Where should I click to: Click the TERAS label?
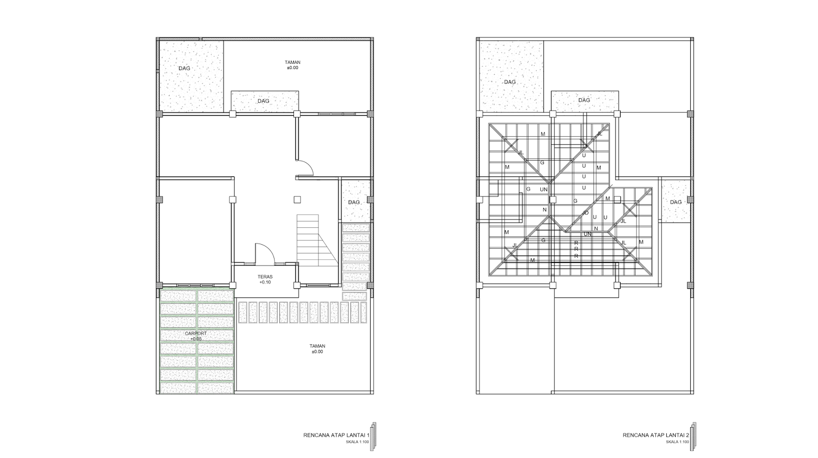(265, 277)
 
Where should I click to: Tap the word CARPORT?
(196, 333)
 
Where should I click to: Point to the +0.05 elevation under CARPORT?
(196, 339)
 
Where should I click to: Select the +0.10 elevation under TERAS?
(265, 282)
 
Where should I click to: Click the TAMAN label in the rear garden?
(292, 62)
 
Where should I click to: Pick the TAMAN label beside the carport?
(317, 346)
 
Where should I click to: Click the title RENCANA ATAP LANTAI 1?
(336, 435)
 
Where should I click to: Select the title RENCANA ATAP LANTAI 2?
(656, 435)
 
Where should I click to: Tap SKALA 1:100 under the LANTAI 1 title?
(357, 442)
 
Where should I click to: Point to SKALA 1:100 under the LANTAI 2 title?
(677, 442)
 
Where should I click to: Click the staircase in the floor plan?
(316, 240)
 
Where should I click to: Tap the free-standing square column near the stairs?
(297, 200)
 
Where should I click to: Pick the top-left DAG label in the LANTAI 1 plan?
(185, 69)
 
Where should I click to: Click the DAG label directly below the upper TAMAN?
(264, 101)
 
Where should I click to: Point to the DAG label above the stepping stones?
(354, 202)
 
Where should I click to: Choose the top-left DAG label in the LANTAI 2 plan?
(510, 82)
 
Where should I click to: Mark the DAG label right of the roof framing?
(676, 202)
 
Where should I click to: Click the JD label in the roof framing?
(585, 213)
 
